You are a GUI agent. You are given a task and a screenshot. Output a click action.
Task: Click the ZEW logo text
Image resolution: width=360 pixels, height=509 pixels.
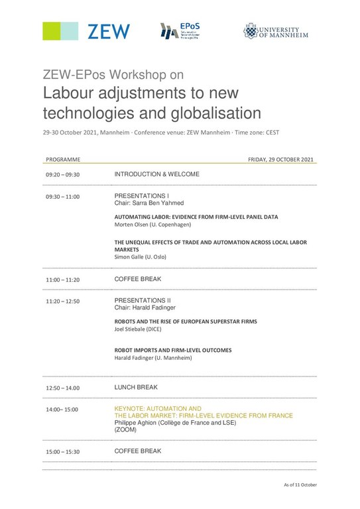coord(109,31)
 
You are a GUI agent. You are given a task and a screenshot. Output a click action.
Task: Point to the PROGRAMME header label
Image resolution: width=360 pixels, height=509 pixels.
coord(63,160)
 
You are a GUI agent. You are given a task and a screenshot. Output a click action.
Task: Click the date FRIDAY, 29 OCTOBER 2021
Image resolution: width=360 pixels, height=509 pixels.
coord(280,160)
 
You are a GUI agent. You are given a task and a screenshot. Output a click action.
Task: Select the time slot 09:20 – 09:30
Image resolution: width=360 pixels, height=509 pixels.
coord(62,175)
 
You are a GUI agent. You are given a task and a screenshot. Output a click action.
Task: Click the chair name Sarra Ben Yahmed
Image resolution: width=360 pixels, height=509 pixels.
coord(156,203)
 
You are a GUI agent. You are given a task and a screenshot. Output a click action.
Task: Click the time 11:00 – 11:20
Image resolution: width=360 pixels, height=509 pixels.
coord(62,280)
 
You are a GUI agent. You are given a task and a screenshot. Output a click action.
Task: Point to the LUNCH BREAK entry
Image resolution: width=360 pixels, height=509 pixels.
coord(136,387)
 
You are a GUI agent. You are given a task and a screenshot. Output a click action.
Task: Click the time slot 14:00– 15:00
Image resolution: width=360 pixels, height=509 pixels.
coord(62,410)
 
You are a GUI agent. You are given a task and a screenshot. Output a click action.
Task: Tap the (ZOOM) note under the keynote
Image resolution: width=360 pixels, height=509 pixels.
coord(125,429)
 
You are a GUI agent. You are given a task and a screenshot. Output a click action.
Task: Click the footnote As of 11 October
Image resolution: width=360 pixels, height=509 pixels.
coord(300,485)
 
